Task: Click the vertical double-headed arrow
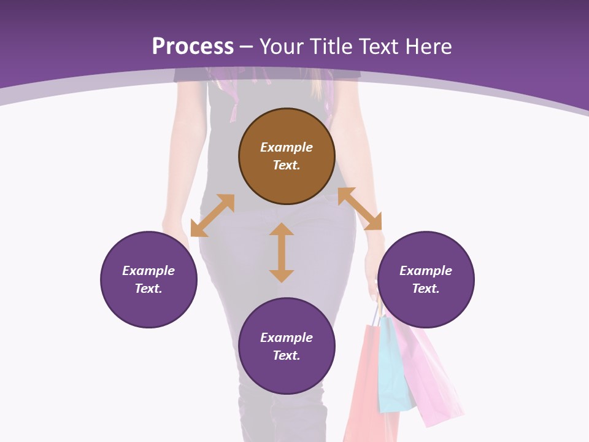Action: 282,252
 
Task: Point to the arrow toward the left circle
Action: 212,215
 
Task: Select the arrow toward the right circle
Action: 360,209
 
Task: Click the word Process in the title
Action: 193,46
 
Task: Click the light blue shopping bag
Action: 393,365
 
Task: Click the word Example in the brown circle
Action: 287,147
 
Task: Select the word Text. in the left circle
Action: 148,289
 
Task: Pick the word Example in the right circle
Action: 426,271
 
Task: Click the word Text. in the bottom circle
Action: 287,355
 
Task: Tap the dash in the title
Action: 247,47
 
